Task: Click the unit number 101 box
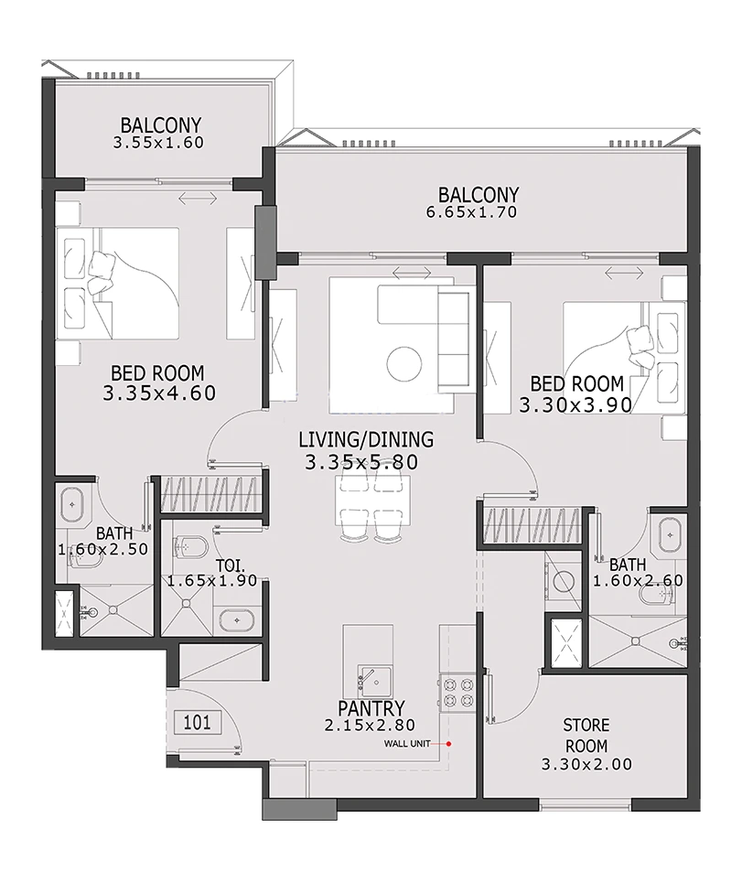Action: coord(197,722)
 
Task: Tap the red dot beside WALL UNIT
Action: coord(449,743)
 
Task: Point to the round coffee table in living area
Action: coord(403,364)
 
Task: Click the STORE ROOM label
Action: coord(586,736)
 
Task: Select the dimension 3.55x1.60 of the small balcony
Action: coord(157,143)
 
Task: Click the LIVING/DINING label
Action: coord(360,440)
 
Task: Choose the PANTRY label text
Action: coord(371,708)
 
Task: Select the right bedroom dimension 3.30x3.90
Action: coord(573,404)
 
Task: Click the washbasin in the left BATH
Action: coord(71,504)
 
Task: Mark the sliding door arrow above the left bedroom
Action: coord(199,198)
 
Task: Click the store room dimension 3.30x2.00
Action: coord(586,764)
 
